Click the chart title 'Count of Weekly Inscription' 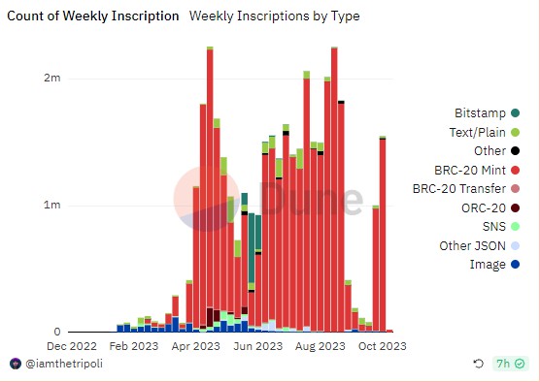[x=93, y=16]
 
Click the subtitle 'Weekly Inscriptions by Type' [x=275, y=16]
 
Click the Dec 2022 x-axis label [x=71, y=345]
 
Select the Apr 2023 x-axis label [x=196, y=345]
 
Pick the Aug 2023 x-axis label [x=321, y=345]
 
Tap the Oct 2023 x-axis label [x=382, y=345]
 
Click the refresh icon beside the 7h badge [x=478, y=364]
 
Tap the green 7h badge [x=510, y=364]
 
